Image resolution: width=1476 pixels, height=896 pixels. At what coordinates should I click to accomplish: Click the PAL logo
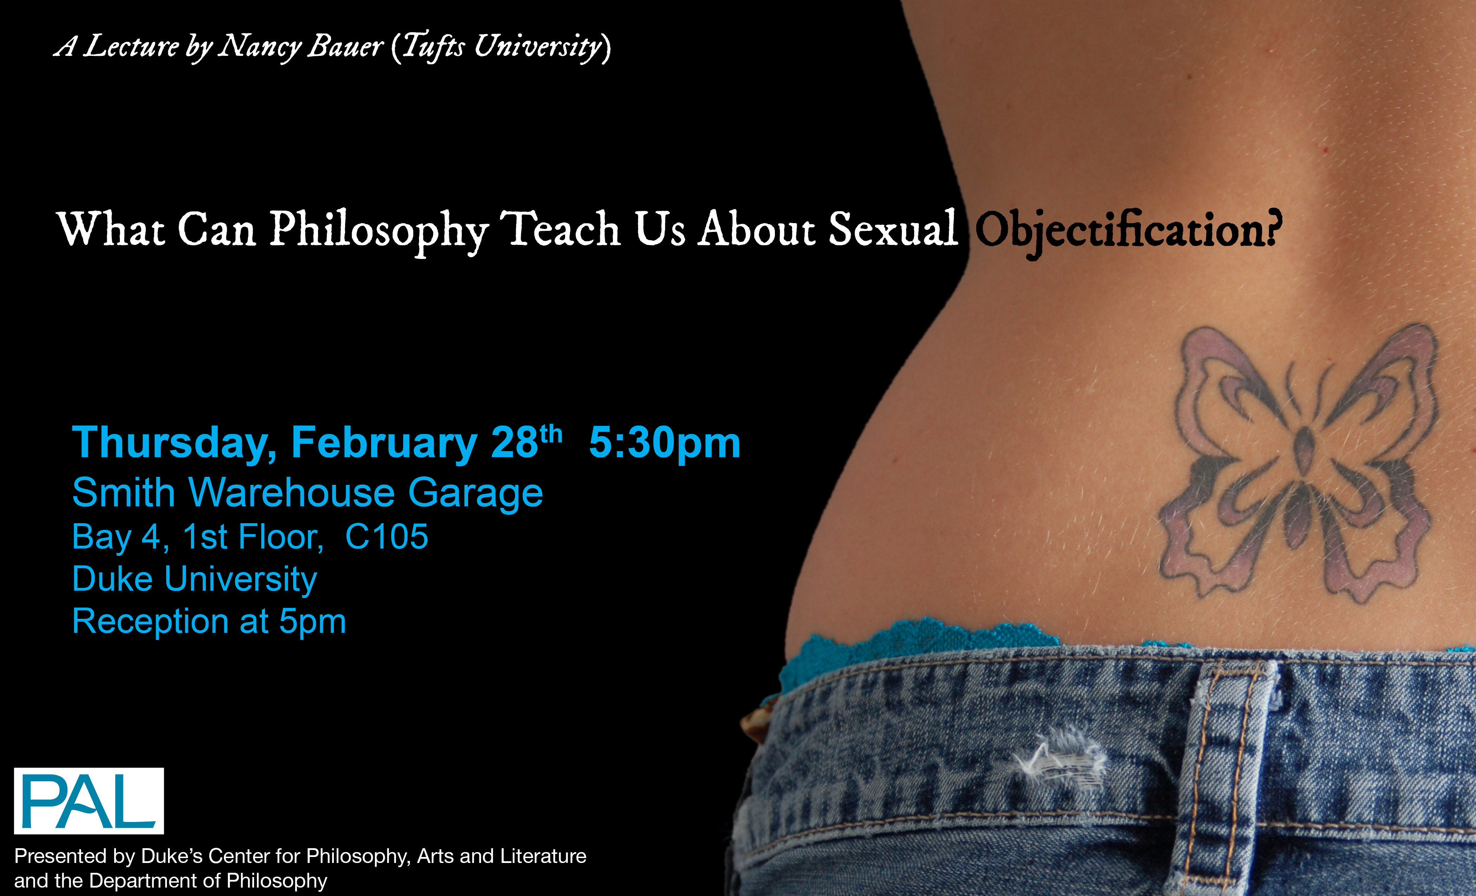pos(89,801)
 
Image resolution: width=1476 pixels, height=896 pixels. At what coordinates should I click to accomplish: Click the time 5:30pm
pos(665,443)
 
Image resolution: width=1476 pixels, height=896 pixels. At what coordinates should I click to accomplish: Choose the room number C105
pos(386,536)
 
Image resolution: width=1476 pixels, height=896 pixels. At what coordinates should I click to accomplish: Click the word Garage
pos(475,494)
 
